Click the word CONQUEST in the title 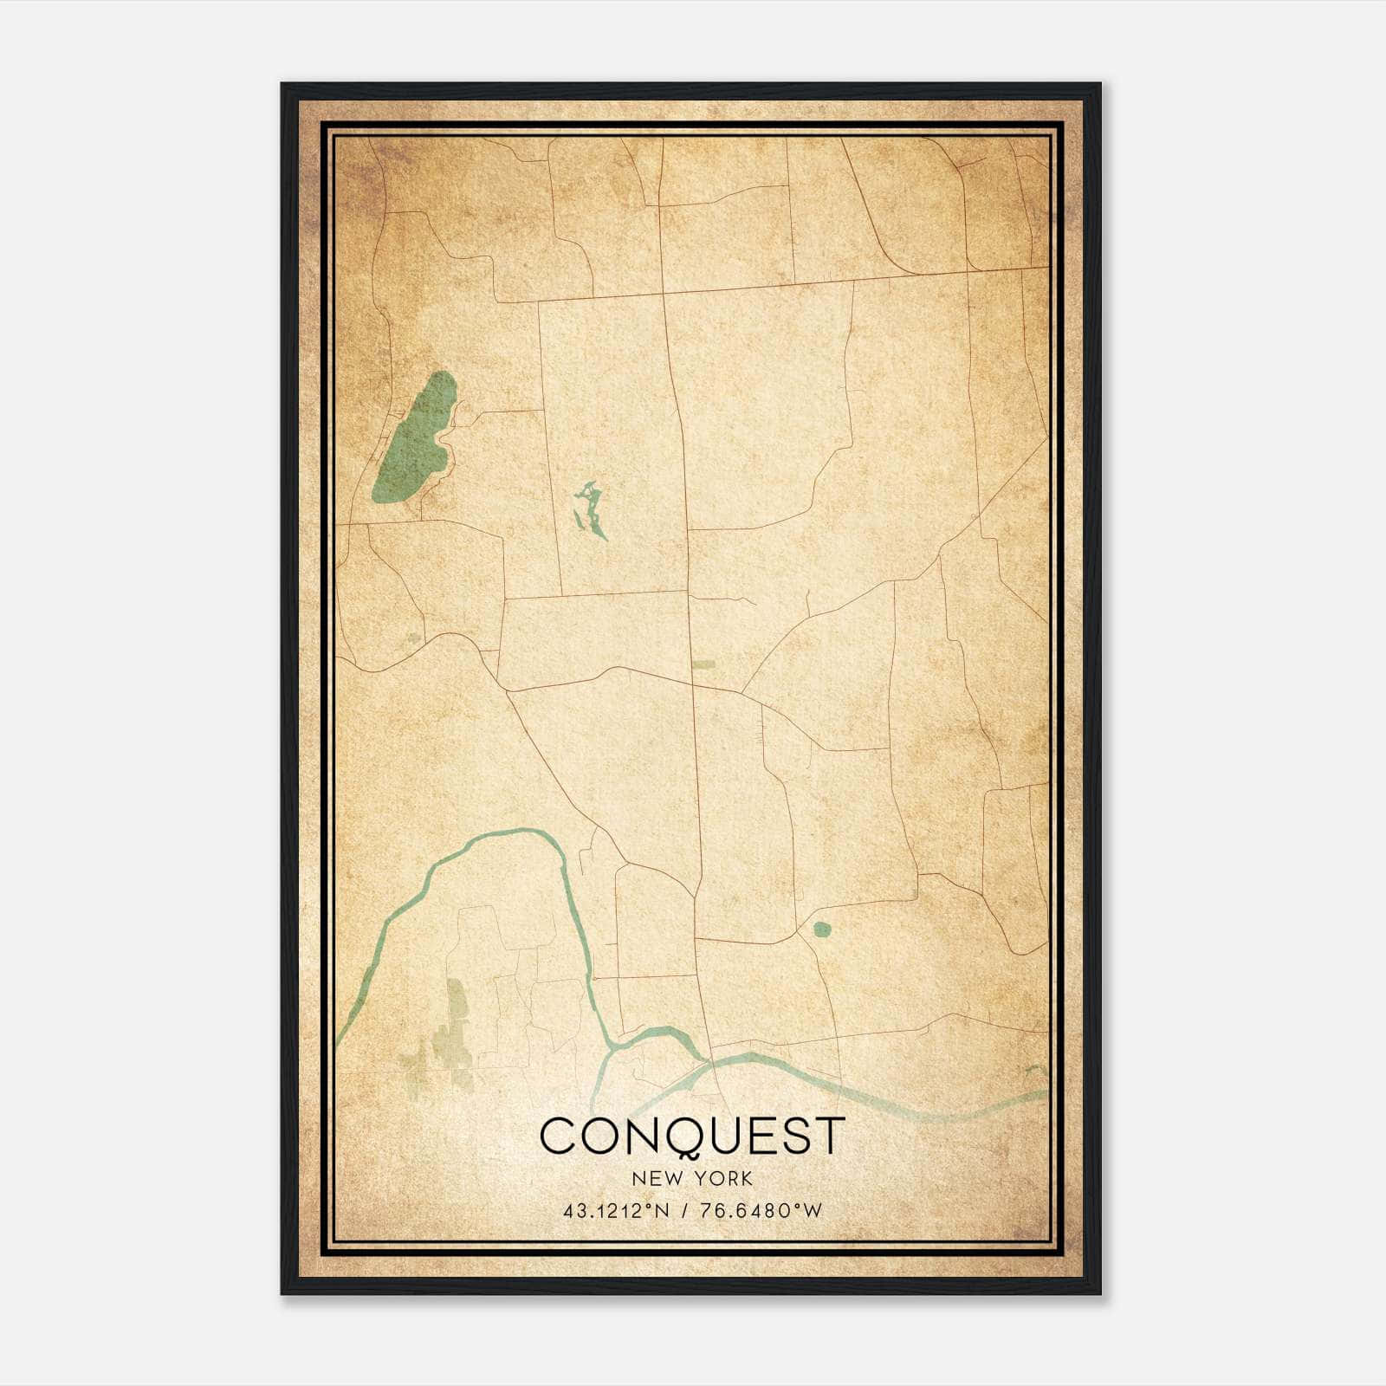(692, 1136)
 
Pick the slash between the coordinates (685, 1211)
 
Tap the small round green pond (820, 930)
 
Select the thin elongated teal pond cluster (590, 510)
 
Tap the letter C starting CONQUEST (560, 1136)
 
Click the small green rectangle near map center (703, 665)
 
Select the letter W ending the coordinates (812, 1211)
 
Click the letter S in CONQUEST (794, 1136)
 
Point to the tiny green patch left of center (413, 638)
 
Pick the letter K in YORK (747, 1179)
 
